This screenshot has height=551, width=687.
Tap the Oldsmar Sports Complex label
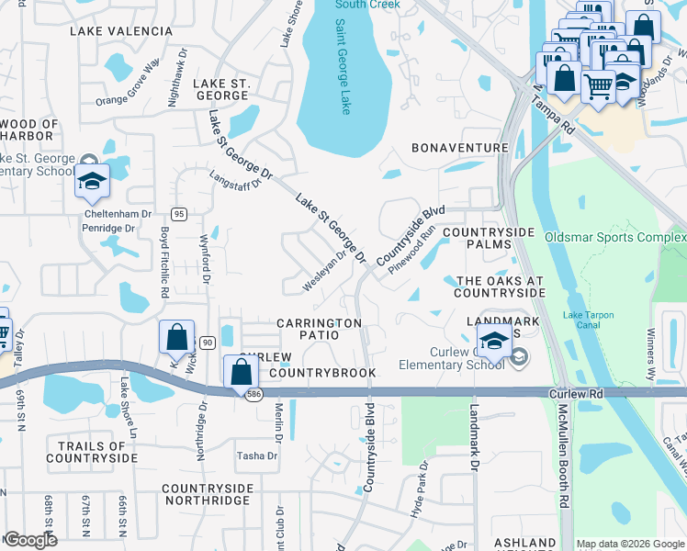point(614,237)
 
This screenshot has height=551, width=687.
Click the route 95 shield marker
point(179,214)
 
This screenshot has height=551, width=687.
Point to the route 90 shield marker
point(208,343)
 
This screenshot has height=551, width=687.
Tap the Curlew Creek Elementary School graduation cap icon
point(494,343)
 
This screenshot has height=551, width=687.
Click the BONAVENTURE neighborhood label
point(459,148)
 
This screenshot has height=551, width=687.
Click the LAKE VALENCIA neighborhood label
point(120,31)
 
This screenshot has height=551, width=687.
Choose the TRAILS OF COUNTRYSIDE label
point(92,451)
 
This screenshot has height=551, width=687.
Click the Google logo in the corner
point(29,540)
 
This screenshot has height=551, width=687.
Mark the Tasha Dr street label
point(257,455)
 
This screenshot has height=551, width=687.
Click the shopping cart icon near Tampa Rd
point(599,86)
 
